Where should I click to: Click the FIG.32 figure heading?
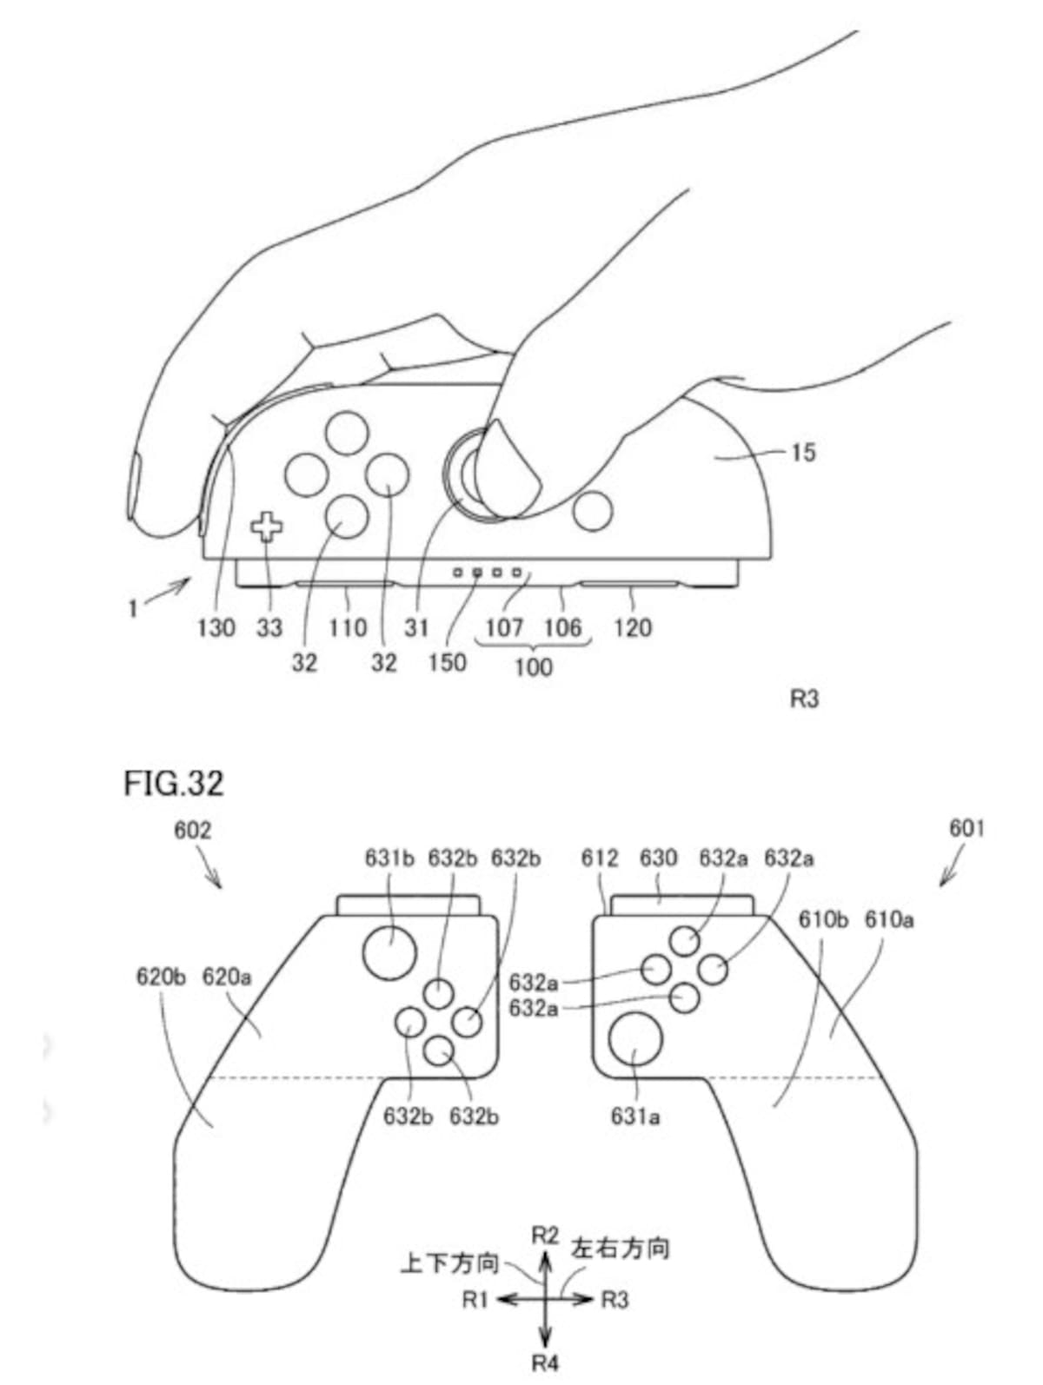click(173, 784)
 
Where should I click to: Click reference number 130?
click(216, 627)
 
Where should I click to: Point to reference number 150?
click(448, 663)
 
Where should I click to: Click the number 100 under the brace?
click(534, 667)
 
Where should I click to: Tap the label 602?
click(192, 831)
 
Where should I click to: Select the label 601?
click(967, 828)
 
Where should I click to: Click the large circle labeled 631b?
click(390, 953)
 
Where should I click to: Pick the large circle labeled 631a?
click(635, 1038)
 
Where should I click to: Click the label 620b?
click(161, 977)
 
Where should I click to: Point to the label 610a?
click(888, 919)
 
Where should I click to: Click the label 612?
click(600, 858)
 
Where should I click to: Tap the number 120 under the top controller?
click(632, 627)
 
